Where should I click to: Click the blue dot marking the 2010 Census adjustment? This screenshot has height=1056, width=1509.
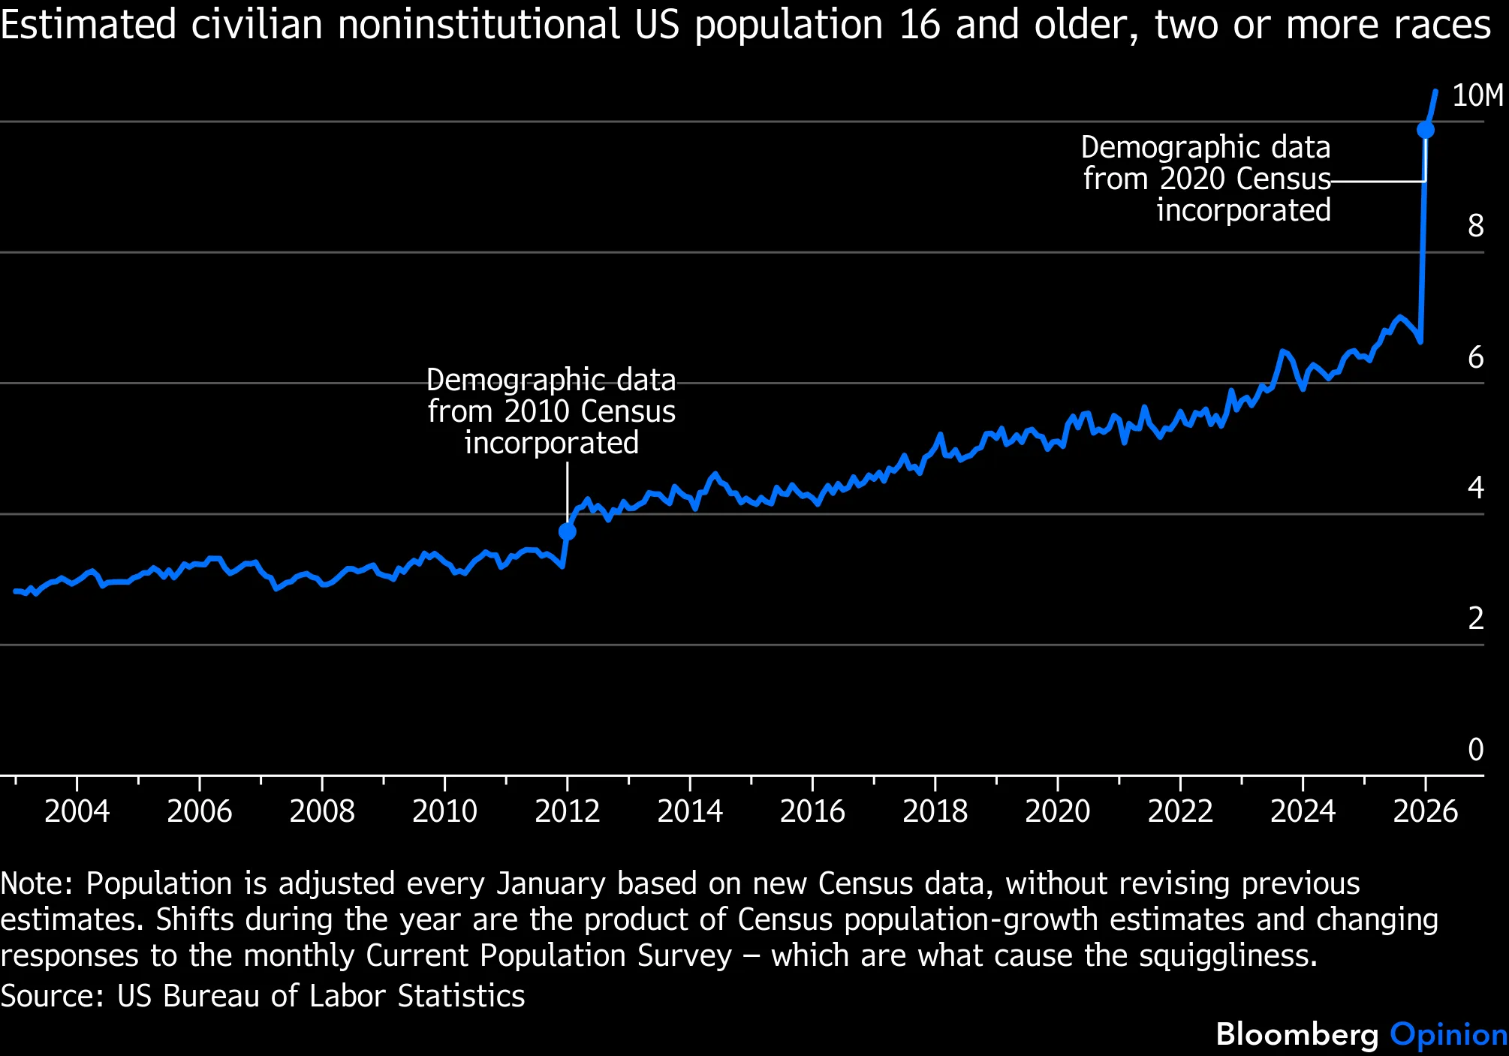568,531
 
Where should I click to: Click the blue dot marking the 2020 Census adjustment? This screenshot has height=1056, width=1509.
1425,130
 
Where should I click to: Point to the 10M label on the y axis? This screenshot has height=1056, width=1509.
1477,96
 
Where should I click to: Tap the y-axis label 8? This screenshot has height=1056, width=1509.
1475,226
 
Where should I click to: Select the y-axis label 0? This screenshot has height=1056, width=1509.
1475,749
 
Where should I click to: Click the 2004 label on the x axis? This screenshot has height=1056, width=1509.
77,811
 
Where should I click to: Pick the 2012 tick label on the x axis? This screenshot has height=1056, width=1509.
567,811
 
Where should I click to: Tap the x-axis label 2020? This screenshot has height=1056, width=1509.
1057,811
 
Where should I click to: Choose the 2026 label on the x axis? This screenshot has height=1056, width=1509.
1424,811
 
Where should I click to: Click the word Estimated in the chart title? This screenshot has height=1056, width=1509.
88,25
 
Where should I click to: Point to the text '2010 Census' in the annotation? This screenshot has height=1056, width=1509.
589,411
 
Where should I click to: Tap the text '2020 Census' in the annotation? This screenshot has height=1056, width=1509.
1245,179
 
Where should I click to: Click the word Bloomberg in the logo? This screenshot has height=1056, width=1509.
1297,1034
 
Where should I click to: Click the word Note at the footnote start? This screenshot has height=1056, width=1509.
35,883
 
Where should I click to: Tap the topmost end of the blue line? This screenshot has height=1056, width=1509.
1435,92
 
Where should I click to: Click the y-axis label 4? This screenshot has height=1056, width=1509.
1475,488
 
